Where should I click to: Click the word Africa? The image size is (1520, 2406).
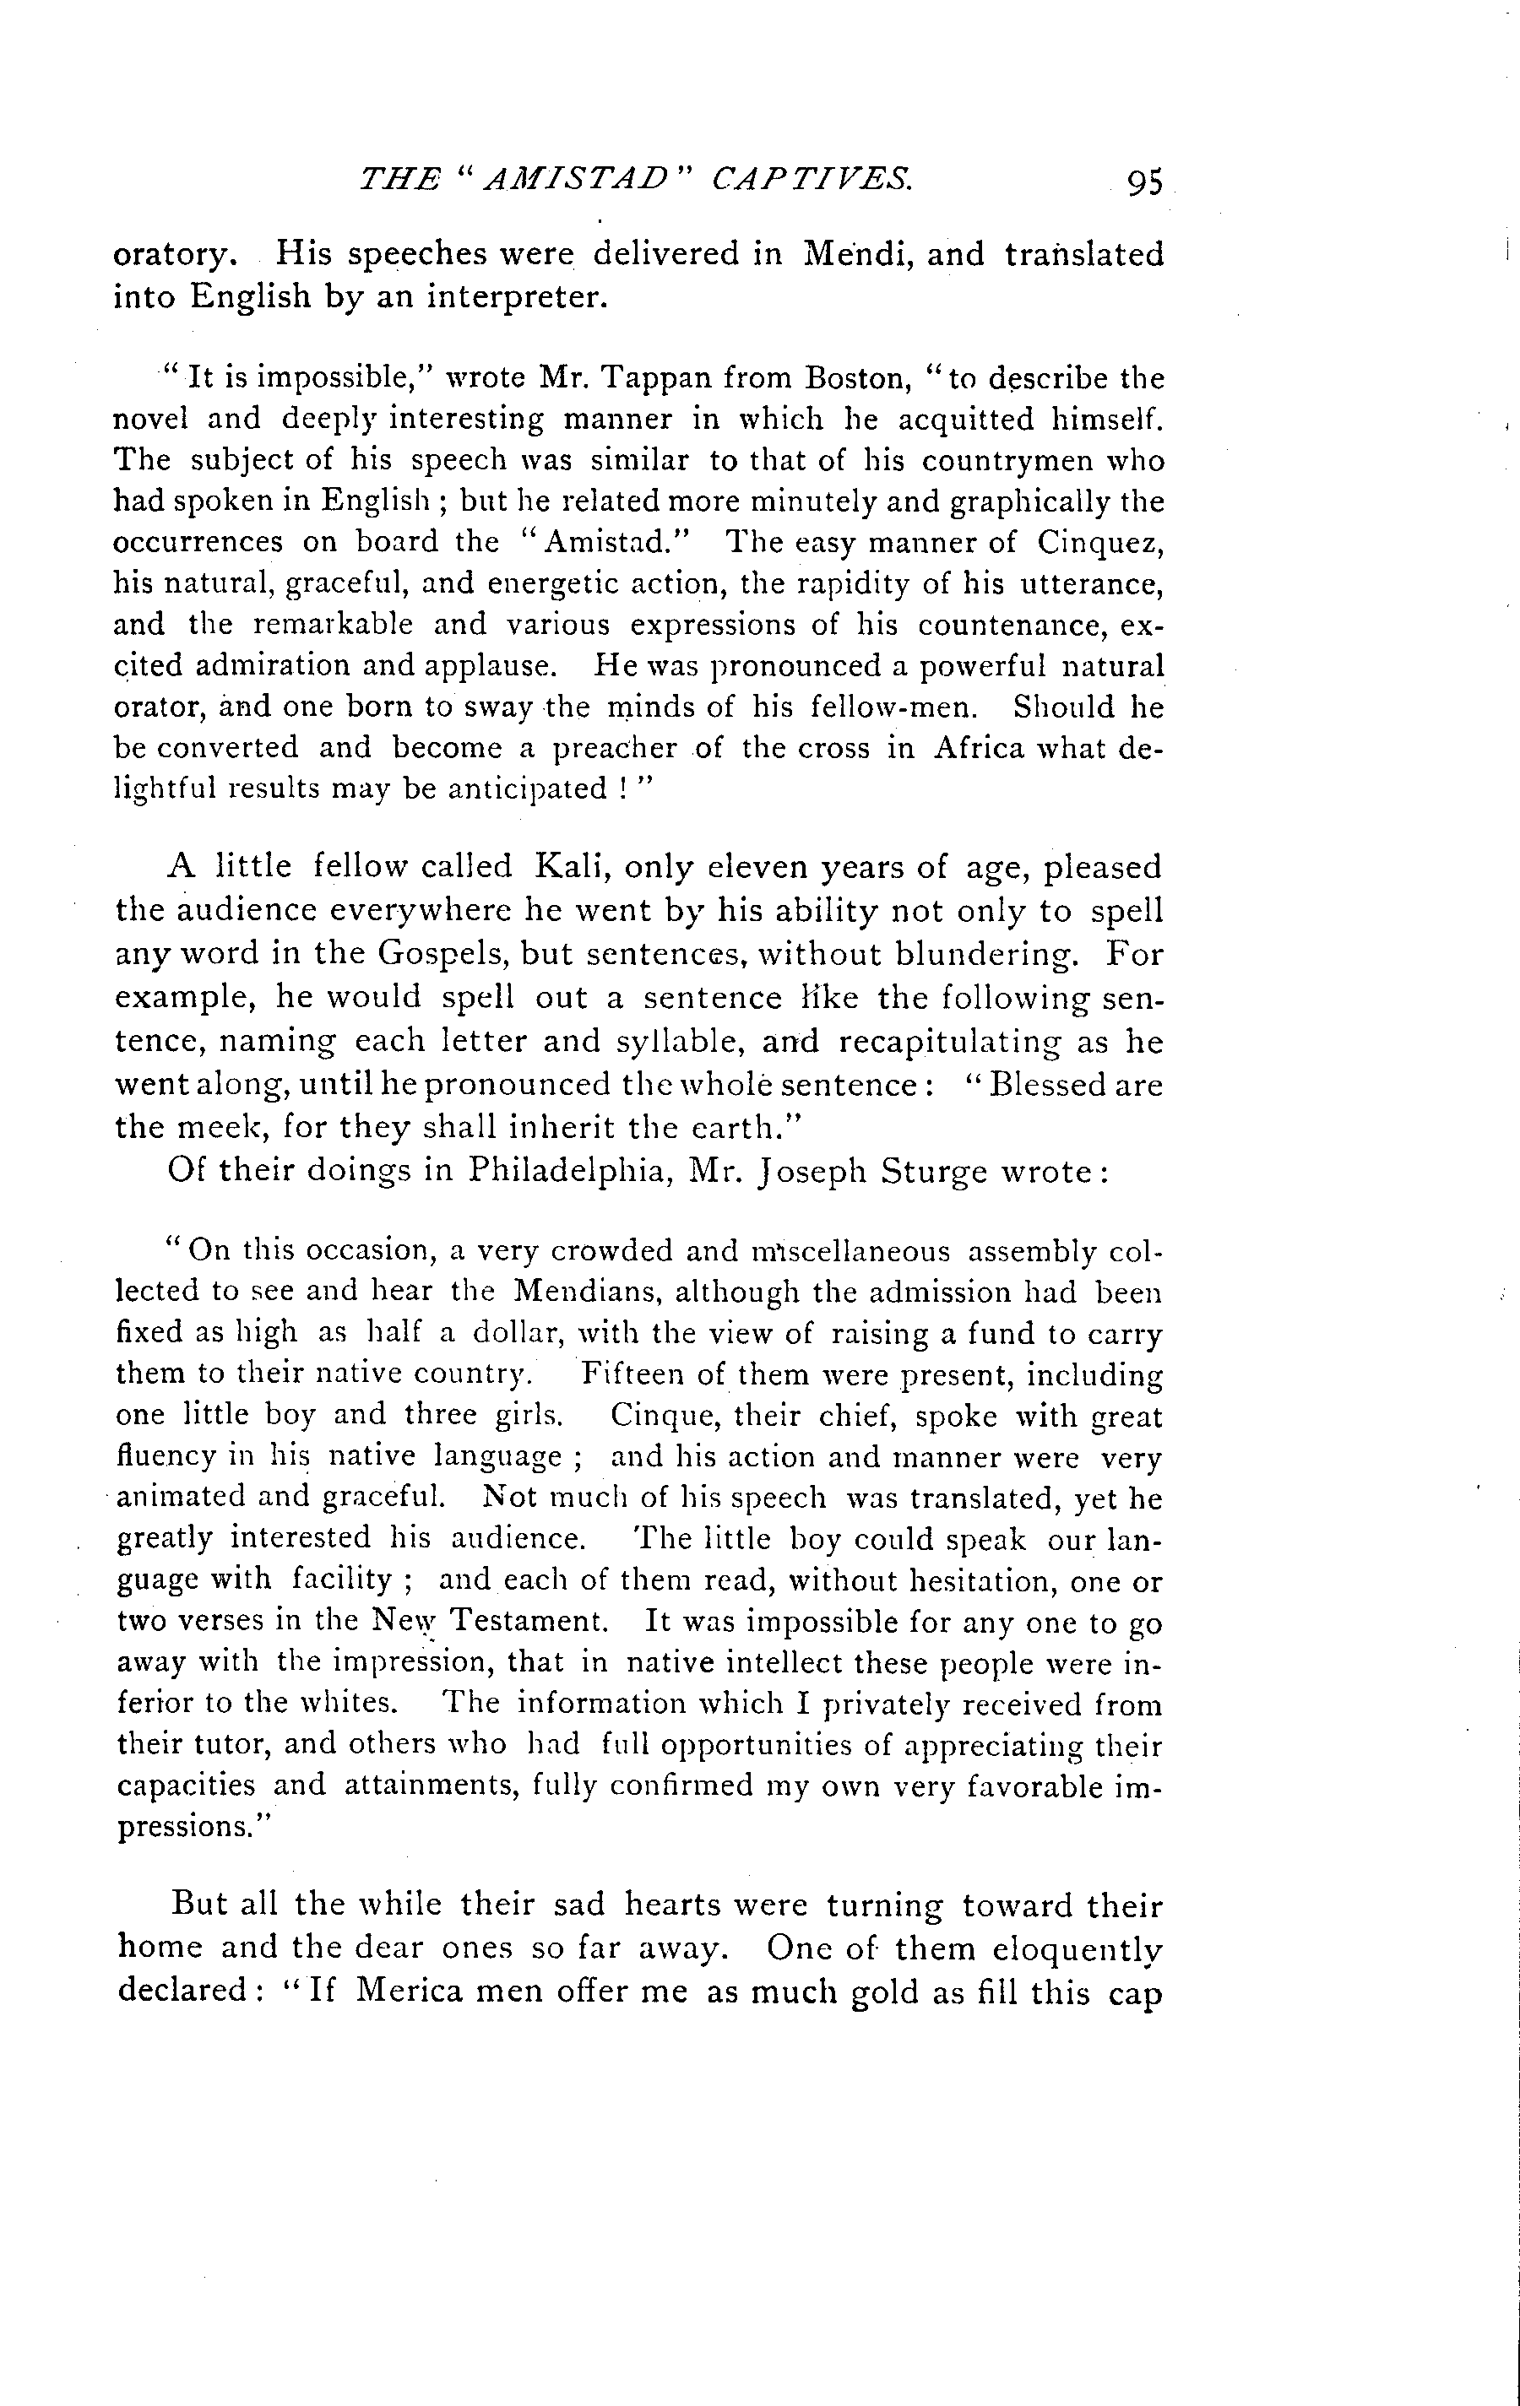coord(980,748)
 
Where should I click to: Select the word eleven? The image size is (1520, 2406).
coord(757,866)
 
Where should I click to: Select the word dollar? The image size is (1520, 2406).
coord(518,1335)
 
